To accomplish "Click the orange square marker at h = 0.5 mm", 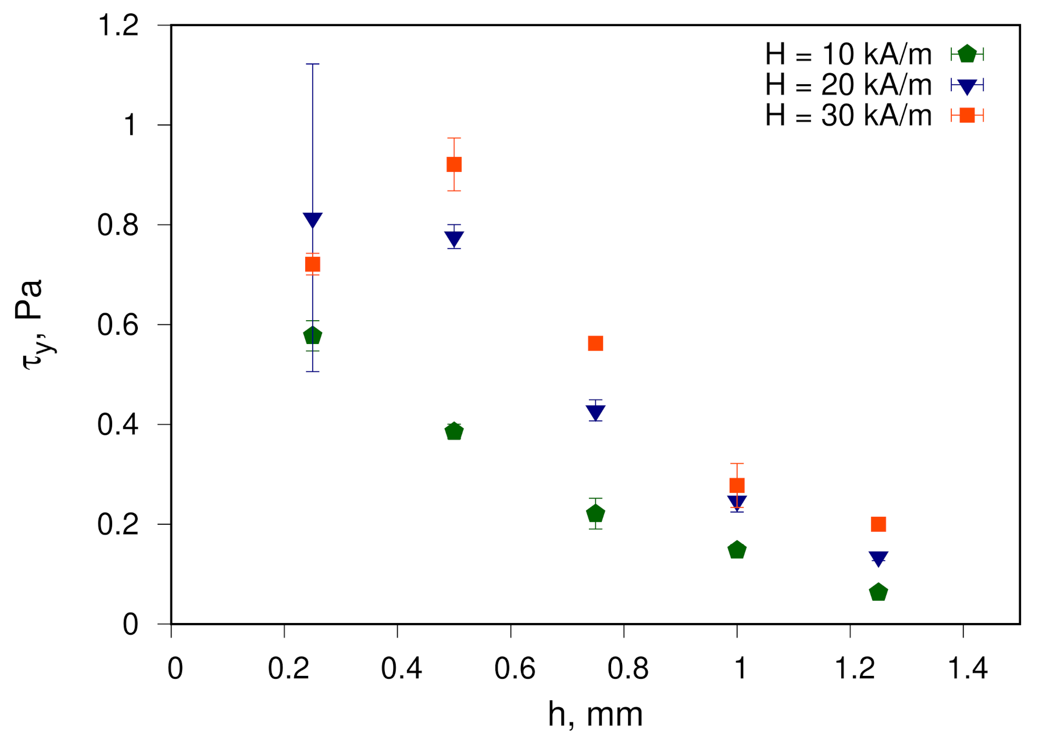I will (454, 164).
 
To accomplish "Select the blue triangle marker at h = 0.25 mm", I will (313, 219).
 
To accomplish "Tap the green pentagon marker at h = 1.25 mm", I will (879, 592).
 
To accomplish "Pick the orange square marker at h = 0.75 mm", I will (595, 343).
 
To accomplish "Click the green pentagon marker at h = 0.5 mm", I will (454, 431).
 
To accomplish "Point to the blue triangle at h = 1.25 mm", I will (879, 558).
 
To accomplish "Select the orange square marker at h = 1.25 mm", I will (879, 524).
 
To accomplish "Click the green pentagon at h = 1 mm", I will (737, 550).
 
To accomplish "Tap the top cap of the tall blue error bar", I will (313, 64).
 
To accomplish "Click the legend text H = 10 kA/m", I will (848, 55).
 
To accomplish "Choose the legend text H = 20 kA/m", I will (848, 85).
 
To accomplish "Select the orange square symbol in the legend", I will (967, 116).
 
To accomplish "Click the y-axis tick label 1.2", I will (119, 26).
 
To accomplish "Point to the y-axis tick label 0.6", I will (119, 325).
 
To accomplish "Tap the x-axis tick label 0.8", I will (628, 668).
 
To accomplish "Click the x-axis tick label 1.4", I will (967, 668).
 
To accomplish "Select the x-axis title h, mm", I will (595, 714).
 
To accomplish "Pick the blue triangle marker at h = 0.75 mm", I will (595, 412).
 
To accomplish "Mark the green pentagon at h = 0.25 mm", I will (313, 335).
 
